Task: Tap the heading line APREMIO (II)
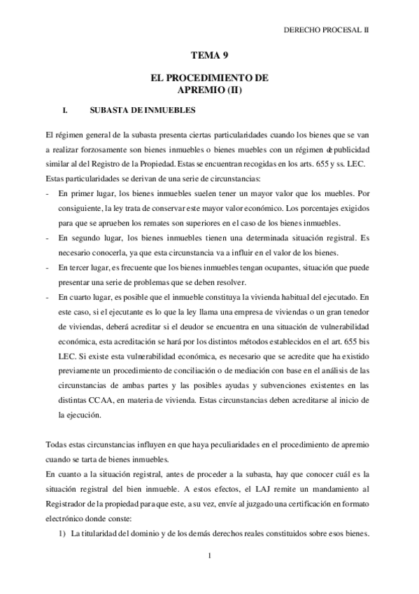coord(209,90)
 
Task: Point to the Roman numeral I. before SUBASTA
coord(64,110)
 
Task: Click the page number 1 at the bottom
coord(209,557)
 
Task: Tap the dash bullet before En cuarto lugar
coord(46,296)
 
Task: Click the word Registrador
coord(68,505)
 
